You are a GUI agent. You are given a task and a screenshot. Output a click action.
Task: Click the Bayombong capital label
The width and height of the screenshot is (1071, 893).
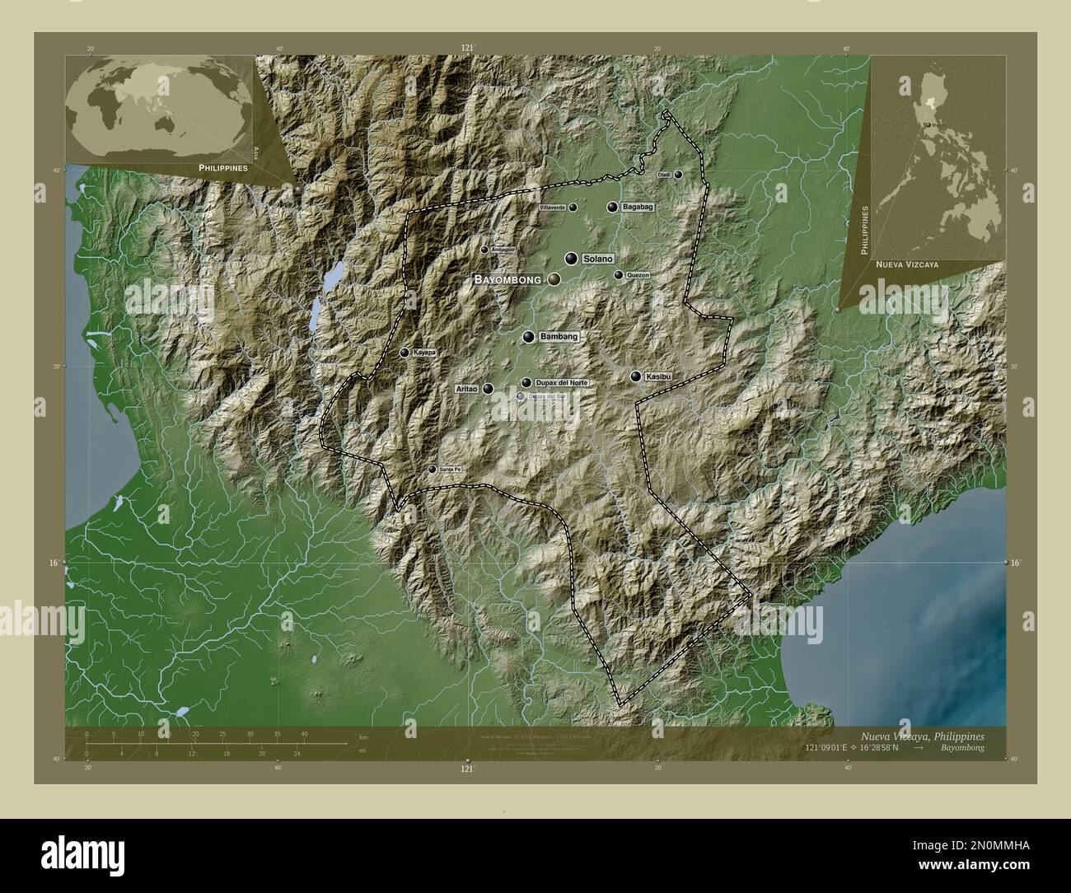(x=507, y=280)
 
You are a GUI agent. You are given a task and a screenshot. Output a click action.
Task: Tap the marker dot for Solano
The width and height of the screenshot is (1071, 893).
(x=570, y=259)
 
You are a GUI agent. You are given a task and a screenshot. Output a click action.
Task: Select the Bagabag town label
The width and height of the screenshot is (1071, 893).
(x=638, y=207)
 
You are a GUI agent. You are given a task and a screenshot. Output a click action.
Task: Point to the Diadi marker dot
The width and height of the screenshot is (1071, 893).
(x=678, y=175)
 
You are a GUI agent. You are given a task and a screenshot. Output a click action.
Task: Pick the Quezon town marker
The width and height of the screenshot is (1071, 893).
(x=619, y=275)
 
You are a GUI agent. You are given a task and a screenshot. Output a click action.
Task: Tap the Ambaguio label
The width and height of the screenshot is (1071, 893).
(x=503, y=249)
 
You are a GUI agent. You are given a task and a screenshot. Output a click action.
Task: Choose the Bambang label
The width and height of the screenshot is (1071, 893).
(x=560, y=337)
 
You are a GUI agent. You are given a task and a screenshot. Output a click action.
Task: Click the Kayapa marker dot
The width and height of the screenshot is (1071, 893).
(x=405, y=353)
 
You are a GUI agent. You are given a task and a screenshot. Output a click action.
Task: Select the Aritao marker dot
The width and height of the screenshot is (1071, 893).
(x=489, y=389)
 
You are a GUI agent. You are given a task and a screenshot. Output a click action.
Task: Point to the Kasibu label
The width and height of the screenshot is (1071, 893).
(x=660, y=376)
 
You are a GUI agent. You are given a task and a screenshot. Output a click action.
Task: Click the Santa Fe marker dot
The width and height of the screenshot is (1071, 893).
(x=432, y=470)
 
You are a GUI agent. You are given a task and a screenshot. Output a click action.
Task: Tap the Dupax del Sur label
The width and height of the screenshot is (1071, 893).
(x=547, y=396)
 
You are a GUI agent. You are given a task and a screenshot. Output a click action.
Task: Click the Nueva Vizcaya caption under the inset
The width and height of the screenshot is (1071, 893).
(x=906, y=265)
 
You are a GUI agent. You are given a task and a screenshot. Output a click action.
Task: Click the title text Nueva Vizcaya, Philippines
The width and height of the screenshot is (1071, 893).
(x=921, y=735)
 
